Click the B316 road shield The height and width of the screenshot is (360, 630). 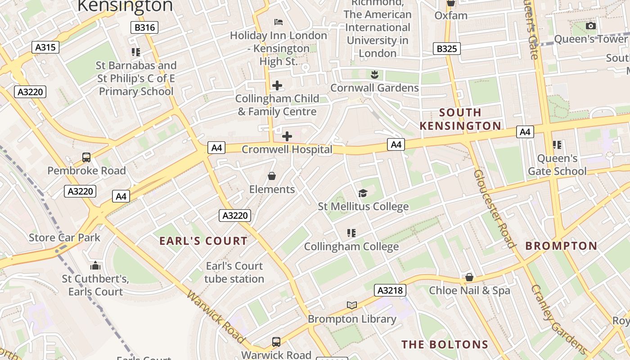[x=145, y=27]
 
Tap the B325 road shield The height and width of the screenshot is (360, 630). [x=447, y=49]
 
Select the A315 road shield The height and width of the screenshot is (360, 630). [x=45, y=47]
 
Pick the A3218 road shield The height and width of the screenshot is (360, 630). [x=390, y=290]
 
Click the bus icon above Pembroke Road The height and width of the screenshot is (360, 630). [x=86, y=157]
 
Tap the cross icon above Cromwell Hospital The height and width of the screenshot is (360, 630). [x=287, y=136]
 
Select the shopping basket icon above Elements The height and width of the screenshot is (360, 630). [x=272, y=175]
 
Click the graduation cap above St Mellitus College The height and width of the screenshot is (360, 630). [x=363, y=193]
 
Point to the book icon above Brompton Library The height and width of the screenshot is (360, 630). [x=352, y=306]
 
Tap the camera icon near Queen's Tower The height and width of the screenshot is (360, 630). [x=591, y=26]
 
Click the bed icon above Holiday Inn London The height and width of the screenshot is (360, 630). [x=279, y=22]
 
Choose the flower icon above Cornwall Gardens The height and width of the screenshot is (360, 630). [x=374, y=74]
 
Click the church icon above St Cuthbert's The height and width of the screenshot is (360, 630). [x=95, y=265]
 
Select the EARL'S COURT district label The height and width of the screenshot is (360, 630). [x=203, y=241]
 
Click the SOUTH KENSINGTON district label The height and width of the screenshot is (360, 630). [x=460, y=119]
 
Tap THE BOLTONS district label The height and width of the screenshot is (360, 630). [x=445, y=345]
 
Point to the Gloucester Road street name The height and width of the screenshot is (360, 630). [x=494, y=209]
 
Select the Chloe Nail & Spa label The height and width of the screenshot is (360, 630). [x=469, y=290]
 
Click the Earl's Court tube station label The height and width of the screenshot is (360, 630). [x=234, y=272]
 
